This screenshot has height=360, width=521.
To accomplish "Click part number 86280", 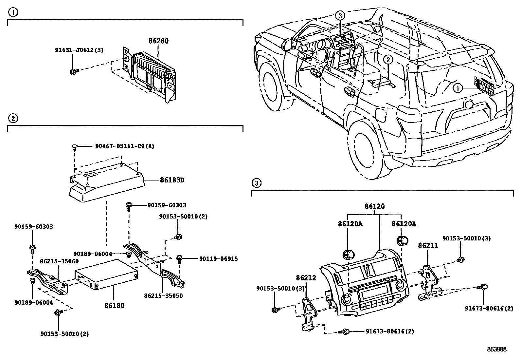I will click(x=158, y=41).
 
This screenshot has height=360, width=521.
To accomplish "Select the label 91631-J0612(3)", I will click(x=79, y=50).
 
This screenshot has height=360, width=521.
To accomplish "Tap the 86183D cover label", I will click(x=172, y=180).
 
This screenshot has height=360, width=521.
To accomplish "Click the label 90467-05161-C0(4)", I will click(x=124, y=146).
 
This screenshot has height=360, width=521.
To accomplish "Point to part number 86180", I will click(x=115, y=305).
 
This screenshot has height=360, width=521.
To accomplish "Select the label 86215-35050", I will click(x=163, y=295).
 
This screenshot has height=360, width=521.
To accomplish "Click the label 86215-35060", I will click(x=59, y=261).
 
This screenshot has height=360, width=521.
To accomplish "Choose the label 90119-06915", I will click(x=218, y=259).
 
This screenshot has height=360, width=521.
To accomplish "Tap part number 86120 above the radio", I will click(x=375, y=206).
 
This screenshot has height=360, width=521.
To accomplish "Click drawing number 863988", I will click(x=496, y=350).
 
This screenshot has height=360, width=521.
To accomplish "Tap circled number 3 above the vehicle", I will click(x=340, y=15).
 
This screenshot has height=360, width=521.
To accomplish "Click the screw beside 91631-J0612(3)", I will click(x=73, y=71).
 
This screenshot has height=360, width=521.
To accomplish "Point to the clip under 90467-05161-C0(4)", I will click(x=74, y=147).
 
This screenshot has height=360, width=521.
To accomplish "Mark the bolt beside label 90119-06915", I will click(x=179, y=259).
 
